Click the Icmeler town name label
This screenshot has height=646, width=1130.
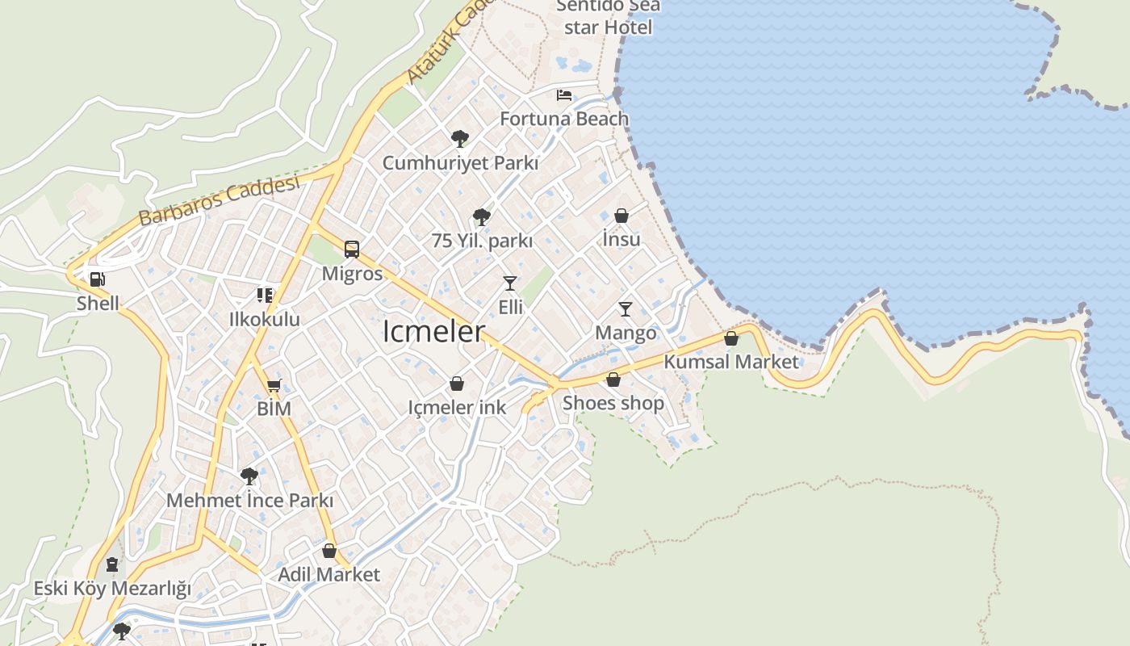tap(433, 331)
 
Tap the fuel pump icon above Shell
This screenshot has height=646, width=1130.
tap(97, 279)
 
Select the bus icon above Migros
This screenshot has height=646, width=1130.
tap(352, 249)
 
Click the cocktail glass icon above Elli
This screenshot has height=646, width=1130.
tap(510, 283)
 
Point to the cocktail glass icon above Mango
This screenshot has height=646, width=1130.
tap(625, 308)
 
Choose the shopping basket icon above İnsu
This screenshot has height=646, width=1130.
tap(621, 216)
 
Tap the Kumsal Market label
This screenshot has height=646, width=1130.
tap(730, 362)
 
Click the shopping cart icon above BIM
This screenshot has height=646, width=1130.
tap(274, 385)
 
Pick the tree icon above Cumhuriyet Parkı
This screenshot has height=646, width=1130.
tap(460, 138)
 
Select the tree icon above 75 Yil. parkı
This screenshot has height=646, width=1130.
tap(482, 216)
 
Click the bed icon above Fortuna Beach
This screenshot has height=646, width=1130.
tap(564, 95)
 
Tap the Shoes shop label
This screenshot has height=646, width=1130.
tap(613, 402)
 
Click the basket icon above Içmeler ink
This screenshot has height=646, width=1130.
tap(457, 384)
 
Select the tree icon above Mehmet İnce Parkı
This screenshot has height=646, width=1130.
tap(249, 476)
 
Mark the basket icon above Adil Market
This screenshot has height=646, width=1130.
tap(329, 551)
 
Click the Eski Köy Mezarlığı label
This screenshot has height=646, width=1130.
tap(112, 588)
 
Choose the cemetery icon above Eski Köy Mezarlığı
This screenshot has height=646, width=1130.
tap(112, 564)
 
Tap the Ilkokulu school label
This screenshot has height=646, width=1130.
tap(265, 319)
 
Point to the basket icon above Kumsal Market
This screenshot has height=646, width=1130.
tap(731, 338)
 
